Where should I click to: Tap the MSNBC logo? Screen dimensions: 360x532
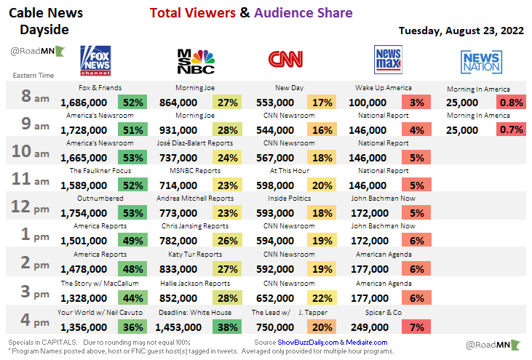point(196,62)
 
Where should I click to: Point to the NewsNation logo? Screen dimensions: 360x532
point(480,62)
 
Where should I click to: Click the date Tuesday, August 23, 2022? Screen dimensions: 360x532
point(461,31)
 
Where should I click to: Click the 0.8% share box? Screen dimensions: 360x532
point(510,103)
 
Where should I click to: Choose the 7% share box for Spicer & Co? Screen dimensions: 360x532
point(416,327)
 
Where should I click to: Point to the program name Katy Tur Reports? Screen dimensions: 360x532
point(195,255)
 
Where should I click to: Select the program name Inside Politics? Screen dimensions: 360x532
point(289,198)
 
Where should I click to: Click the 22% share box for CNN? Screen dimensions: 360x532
point(321,298)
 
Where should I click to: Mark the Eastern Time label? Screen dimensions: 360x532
point(33,75)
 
